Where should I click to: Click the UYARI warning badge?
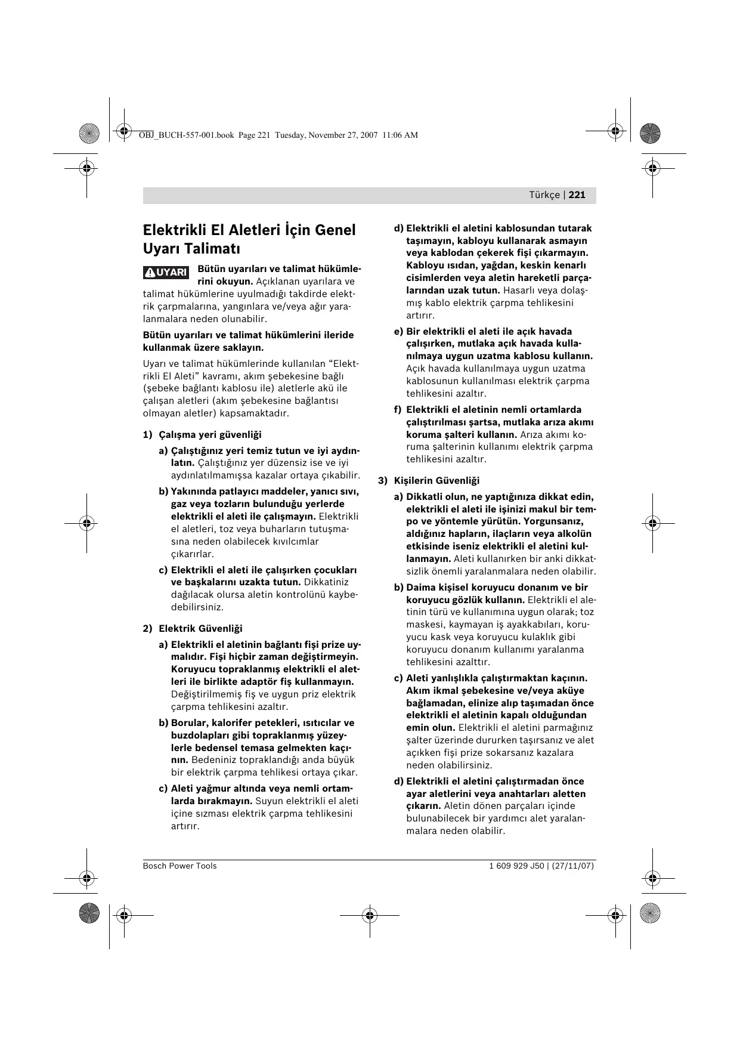pos(166,273)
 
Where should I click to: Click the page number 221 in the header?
pos(577,195)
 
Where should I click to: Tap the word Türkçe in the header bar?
pos(544,195)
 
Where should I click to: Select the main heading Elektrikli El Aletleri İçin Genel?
pos(249,230)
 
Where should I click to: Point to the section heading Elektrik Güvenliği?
pos(200,629)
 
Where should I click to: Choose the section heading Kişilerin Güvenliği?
pos(436,481)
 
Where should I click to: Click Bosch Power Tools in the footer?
pos(179,866)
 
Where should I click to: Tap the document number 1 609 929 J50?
pos(516,866)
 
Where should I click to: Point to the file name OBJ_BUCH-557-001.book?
pos(186,135)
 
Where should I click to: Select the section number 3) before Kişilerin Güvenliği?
pos(383,481)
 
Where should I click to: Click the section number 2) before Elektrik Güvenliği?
pos(147,629)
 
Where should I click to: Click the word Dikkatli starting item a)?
pos(426,497)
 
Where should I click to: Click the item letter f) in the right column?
pos(398,410)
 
